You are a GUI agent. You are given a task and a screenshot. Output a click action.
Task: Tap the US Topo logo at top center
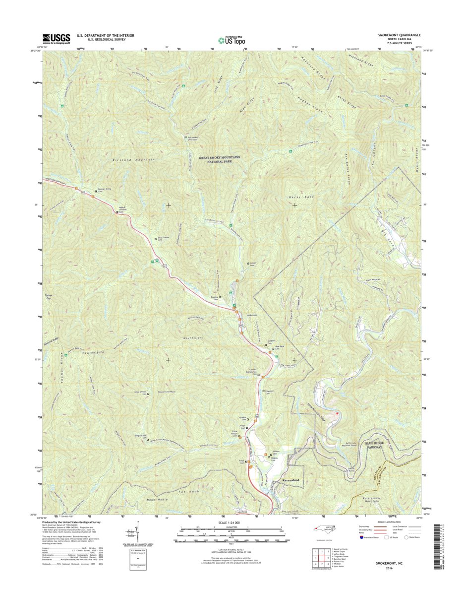coord(231,40)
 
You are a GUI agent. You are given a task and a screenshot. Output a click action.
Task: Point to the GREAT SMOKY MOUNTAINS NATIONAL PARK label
coord(219,159)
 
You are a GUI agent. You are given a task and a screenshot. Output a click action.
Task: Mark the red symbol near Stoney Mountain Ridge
coord(339,412)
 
